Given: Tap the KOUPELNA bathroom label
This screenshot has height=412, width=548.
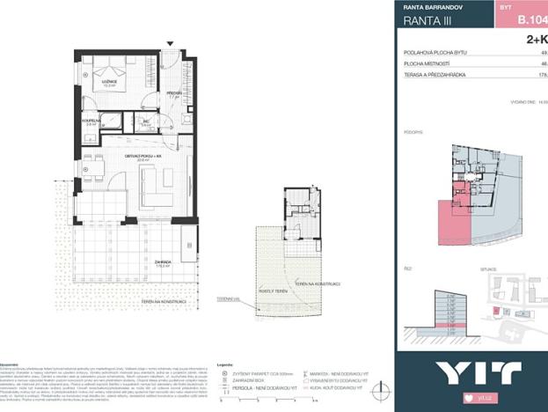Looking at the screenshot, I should pyautogui.click(x=91, y=123).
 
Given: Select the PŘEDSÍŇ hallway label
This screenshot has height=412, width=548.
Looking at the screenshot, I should pyautogui.click(x=173, y=94).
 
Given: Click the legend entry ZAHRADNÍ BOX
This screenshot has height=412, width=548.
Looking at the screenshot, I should pyautogui.click(x=256, y=379).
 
